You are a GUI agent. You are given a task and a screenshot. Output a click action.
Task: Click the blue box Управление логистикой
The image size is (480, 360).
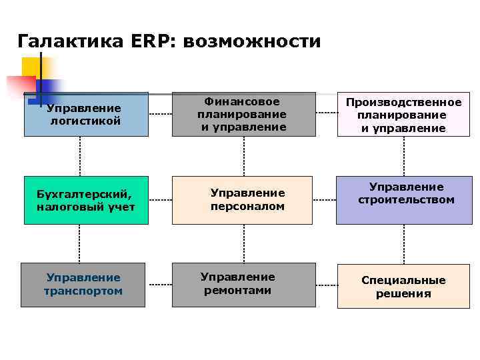click(x=86, y=114)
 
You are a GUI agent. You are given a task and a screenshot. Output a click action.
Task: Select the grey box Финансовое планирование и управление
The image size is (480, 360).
click(x=243, y=114)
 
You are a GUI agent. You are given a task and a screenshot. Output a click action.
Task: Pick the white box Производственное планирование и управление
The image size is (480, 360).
click(x=403, y=114)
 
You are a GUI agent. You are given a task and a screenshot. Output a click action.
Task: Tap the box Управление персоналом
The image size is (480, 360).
click(x=243, y=200)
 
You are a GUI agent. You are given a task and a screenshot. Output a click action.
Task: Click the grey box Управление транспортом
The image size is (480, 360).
click(x=83, y=285)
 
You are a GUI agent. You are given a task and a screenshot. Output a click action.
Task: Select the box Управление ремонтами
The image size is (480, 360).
click(x=243, y=285)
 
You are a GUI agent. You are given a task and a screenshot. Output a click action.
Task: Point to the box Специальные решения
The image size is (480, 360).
click(x=403, y=286)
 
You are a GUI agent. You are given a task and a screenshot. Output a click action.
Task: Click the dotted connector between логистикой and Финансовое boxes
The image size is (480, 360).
click(x=160, y=114)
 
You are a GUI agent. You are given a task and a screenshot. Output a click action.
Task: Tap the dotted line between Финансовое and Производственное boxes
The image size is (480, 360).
click(x=326, y=114)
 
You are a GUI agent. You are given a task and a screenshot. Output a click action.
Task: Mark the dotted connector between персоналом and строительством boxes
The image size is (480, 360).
click(x=324, y=200)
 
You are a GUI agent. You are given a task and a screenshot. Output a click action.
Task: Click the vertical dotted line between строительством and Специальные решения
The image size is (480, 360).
click(x=404, y=244)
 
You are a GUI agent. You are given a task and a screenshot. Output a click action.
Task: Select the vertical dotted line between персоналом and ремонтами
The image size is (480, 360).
click(x=243, y=243)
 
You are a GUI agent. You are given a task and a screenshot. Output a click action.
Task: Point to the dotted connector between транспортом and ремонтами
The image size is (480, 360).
click(x=159, y=285)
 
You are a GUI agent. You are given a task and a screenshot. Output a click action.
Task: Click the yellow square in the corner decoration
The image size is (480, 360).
click(x=31, y=67)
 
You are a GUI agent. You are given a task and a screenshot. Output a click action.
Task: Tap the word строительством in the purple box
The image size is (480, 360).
click(x=406, y=200)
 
